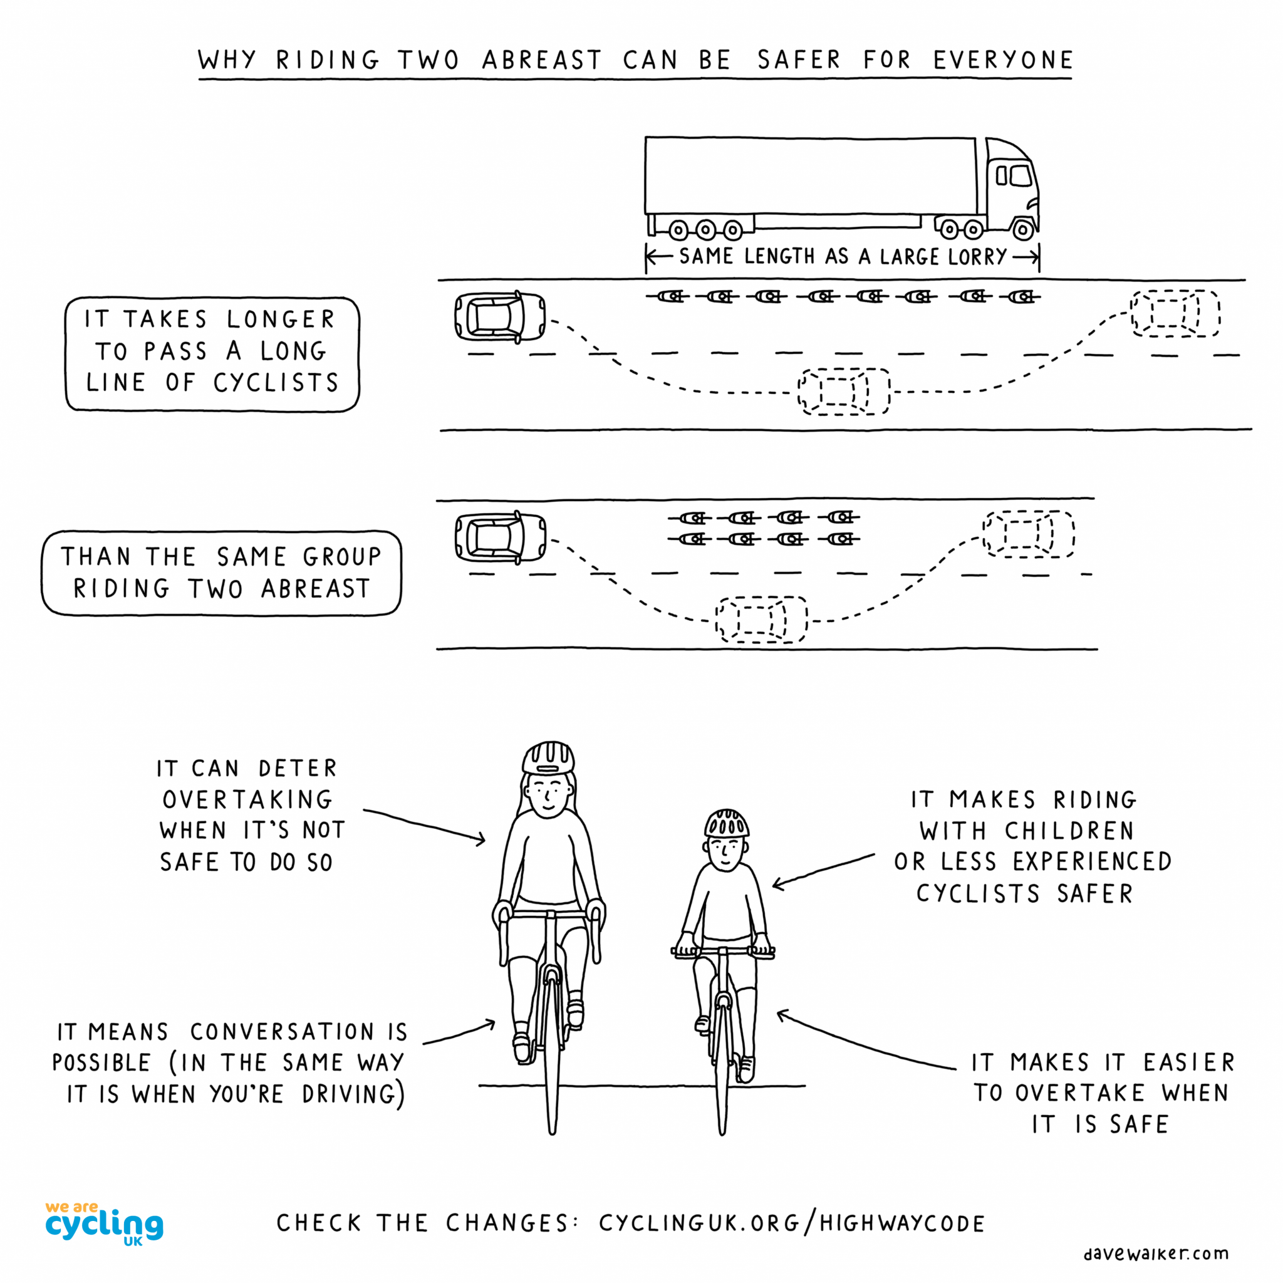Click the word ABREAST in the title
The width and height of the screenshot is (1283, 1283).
[x=541, y=60]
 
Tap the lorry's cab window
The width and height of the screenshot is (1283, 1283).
[x=1020, y=175]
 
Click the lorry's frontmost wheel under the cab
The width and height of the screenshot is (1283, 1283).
[x=1022, y=230]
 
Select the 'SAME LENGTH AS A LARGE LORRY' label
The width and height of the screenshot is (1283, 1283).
[x=842, y=256]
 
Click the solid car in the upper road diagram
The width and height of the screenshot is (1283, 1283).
[x=499, y=318]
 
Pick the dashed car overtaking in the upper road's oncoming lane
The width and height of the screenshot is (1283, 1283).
[x=843, y=392]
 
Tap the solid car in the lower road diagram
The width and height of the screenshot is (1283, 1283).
[x=499, y=538]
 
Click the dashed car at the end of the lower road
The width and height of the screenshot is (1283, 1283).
[x=1028, y=534]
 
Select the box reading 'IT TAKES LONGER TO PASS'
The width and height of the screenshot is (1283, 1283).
[x=212, y=354]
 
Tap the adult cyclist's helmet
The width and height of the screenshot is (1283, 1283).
[x=548, y=758]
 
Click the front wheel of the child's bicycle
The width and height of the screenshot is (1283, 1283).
[x=722, y=1076]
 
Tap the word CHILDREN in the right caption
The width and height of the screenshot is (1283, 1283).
[x=1069, y=831]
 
